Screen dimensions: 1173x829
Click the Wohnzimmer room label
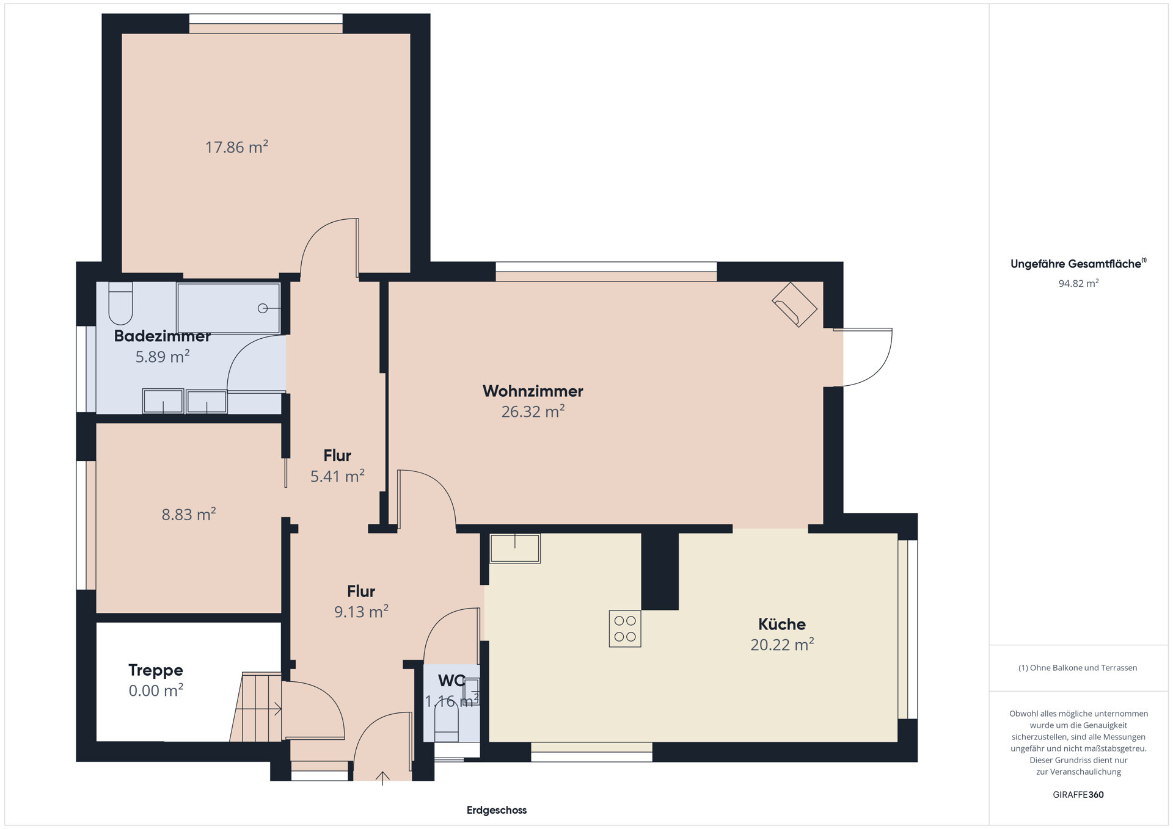[533, 391]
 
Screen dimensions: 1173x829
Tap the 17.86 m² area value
[236, 147]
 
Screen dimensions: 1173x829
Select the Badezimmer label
[163, 336]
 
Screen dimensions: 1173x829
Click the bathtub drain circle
[263, 308]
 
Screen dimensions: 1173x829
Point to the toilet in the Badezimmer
[120, 303]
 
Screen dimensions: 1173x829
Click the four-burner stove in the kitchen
[625, 629]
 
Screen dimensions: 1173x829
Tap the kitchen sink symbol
[515, 548]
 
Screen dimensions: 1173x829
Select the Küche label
[782, 624]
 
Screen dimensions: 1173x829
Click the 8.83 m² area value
[189, 515]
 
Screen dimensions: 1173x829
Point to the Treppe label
[156, 670]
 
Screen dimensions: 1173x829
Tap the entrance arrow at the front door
[382, 778]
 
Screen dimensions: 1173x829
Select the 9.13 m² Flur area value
[361, 612]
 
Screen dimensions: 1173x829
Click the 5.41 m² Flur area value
[337, 476]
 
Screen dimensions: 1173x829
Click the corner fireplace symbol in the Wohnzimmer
[795, 305]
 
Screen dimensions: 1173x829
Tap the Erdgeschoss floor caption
[497, 810]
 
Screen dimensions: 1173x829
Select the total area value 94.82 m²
[1079, 283]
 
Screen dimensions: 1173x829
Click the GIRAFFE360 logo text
[1078, 795]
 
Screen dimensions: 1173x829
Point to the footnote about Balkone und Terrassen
[1078, 668]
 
